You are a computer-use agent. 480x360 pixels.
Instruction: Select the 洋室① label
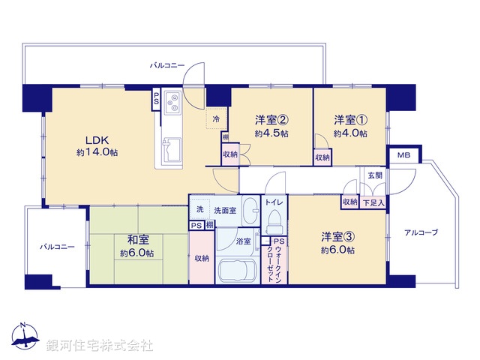[x=350, y=119]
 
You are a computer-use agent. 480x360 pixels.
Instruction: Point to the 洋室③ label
[x=337, y=238]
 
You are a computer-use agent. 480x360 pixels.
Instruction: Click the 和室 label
[x=137, y=240]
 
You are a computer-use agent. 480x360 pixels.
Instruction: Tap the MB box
[x=403, y=156]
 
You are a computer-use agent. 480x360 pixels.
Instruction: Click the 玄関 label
[x=373, y=175]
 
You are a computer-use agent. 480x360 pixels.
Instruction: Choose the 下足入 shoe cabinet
[x=373, y=202]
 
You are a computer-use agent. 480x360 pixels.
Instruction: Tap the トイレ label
[x=273, y=202]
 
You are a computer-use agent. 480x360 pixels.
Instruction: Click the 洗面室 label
[x=225, y=211]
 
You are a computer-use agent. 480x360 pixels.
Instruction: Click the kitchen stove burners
[x=172, y=100]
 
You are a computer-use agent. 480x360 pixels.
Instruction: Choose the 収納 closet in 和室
[x=201, y=258]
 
